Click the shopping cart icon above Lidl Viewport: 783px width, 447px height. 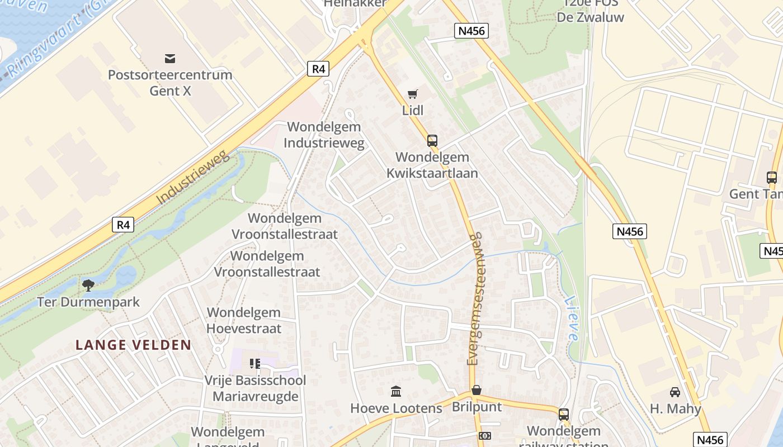click(413, 94)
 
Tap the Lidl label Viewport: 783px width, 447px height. click(413, 110)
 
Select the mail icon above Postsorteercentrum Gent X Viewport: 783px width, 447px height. click(170, 59)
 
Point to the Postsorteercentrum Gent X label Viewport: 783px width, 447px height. click(170, 82)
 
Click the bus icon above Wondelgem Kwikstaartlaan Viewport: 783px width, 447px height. click(432, 141)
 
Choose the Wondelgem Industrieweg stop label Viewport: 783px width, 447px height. click(324, 135)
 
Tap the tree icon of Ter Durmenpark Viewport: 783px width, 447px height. click(88, 286)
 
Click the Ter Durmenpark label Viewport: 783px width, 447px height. click(88, 302)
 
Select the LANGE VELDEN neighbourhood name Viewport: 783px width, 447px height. click(134, 345)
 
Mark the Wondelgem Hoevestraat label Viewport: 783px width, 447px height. click(244, 320)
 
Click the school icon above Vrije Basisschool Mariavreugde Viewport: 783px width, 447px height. click(255, 364)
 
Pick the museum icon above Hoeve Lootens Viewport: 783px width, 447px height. click(396, 391)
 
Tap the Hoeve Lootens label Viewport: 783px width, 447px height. click(396, 408)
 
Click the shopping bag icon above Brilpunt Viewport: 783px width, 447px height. click(477, 390)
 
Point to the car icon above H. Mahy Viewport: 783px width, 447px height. click(675, 392)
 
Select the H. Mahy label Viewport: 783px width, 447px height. click(675, 408)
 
